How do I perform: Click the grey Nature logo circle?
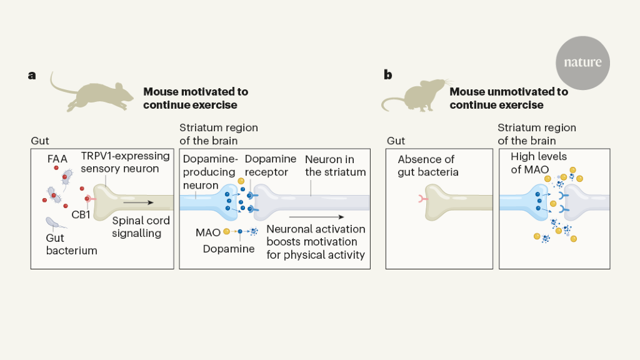pos(582,62)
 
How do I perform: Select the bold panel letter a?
pos(32,76)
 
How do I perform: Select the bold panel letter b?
pos(388,76)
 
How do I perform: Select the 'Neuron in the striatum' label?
pos(335,166)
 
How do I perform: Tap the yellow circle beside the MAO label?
pos(226,232)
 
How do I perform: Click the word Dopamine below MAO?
pos(229,249)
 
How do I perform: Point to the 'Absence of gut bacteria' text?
pos(426,165)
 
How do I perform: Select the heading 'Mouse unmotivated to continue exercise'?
pos(509,98)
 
